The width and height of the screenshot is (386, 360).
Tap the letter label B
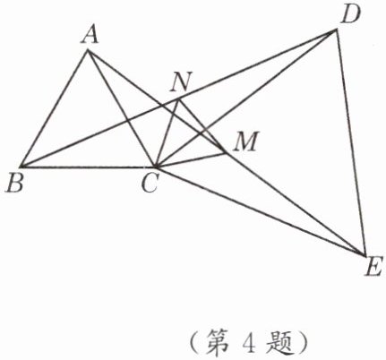pyautogui.click(x=15, y=184)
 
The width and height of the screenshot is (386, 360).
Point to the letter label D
pyautogui.click(x=351, y=15)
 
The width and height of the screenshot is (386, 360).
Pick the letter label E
pyautogui.click(x=373, y=268)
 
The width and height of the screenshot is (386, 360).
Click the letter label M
pyautogui.click(x=245, y=141)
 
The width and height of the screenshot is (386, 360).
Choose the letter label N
pyautogui.click(x=181, y=82)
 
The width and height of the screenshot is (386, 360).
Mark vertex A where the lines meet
pyautogui.click(x=88, y=51)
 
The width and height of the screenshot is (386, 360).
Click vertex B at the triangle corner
pyautogui.click(x=21, y=167)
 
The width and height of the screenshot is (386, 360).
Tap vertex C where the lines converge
pyautogui.click(x=154, y=167)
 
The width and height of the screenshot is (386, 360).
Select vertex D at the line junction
pyautogui.click(x=337, y=30)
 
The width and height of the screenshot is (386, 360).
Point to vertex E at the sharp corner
pyautogui.click(x=365, y=255)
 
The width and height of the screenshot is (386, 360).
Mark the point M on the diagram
pyautogui.click(x=226, y=153)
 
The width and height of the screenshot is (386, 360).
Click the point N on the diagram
pyautogui.click(x=178, y=99)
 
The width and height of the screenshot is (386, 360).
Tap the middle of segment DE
pyautogui.click(x=351, y=142)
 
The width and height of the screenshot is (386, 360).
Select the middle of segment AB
pyautogui.click(x=55, y=108)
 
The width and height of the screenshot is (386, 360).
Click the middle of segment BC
pyautogui.click(x=88, y=167)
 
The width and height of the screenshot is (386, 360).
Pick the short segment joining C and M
pyautogui.click(x=190, y=159)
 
